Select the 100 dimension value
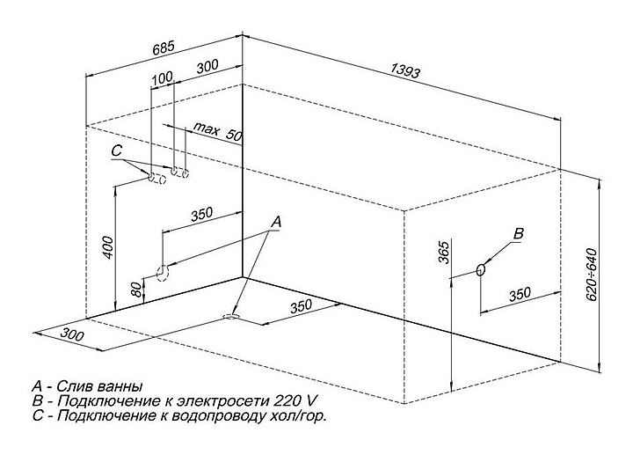point(163,78)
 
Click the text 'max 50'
point(217,133)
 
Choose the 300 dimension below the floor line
point(72,333)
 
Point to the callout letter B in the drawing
point(518,233)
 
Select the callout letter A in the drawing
point(276,223)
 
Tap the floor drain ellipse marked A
point(233,312)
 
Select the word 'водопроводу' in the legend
point(216,415)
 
